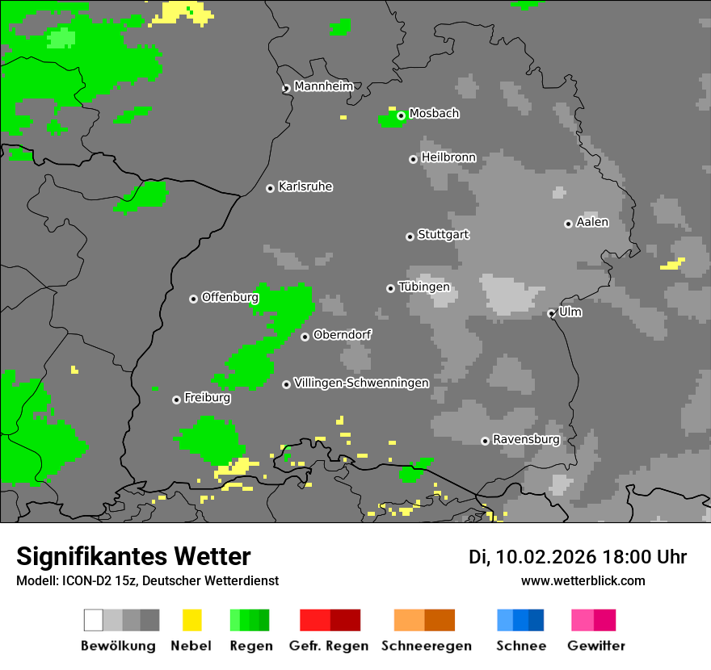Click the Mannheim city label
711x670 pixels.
[323, 86]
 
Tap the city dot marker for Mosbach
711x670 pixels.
[401, 115]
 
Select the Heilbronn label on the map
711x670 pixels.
[448, 157]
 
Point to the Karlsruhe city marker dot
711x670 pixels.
[271, 188]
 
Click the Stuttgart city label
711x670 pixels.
[443, 235]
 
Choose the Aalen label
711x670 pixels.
[592, 222]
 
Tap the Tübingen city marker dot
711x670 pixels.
[391, 288]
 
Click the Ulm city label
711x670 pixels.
[570, 312]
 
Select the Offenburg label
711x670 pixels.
[229, 297]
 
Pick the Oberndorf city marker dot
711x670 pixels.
[305, 337]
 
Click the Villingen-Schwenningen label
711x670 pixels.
[361, 383]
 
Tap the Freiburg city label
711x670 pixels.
[207, 398]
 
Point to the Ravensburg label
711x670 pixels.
[526, 440]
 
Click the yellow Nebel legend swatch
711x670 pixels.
[191, 620]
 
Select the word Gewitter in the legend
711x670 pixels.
[596, 646]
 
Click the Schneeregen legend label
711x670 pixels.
[427, 646]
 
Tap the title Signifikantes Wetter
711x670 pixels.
[133, 557]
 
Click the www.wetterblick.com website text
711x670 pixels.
[583, 581]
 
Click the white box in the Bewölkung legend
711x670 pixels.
[94, 620]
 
